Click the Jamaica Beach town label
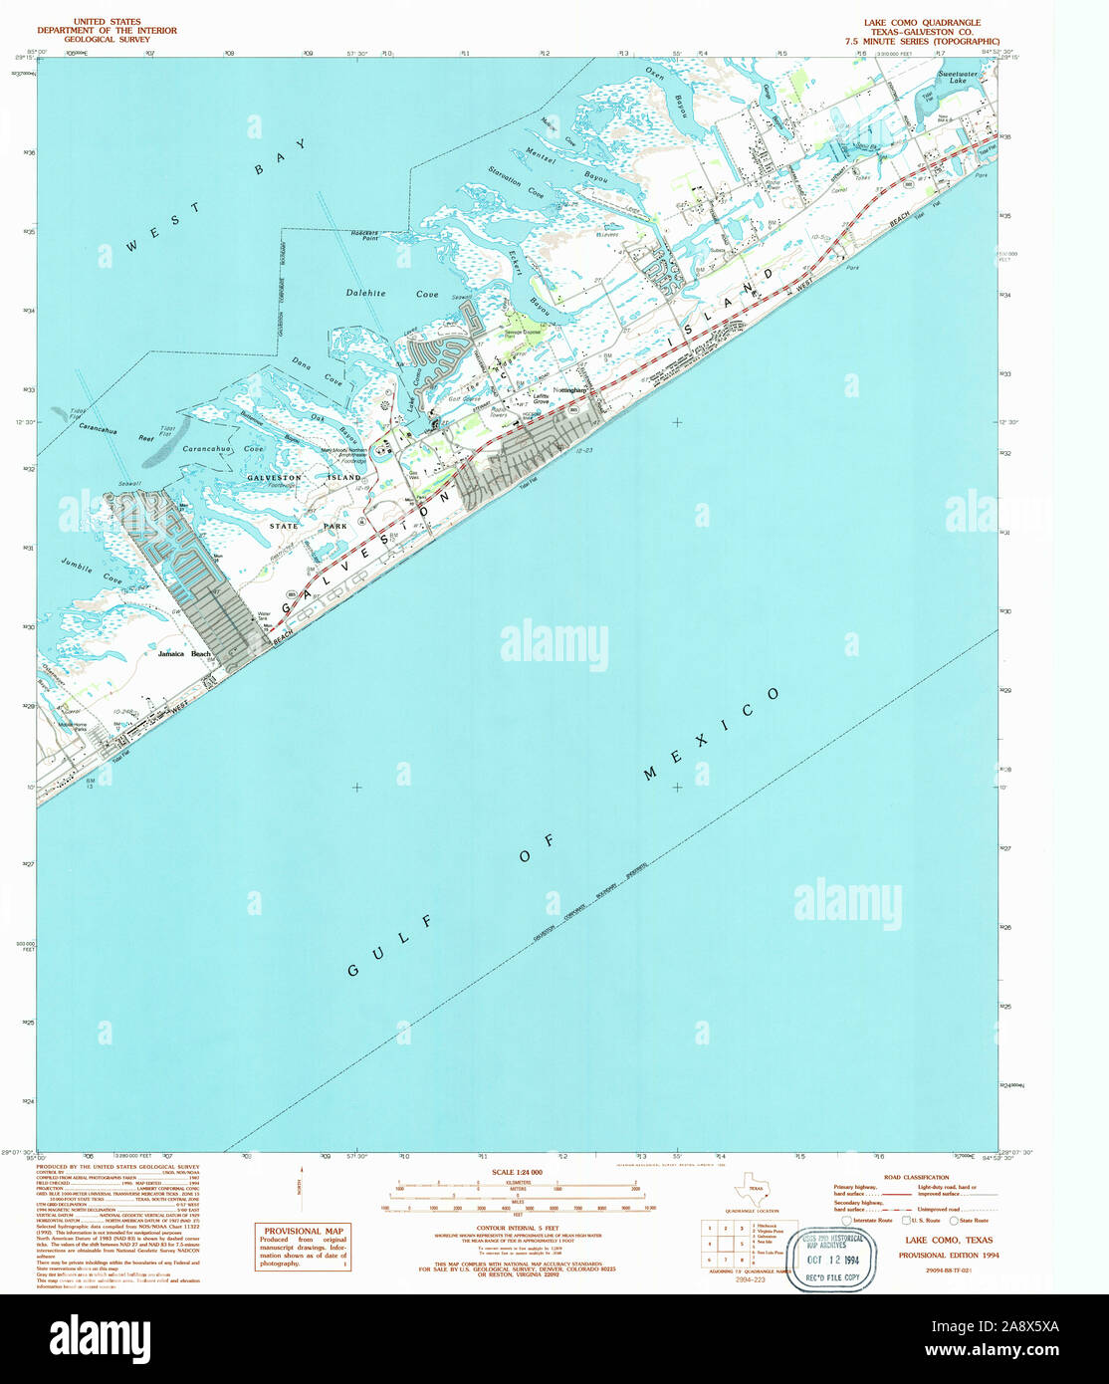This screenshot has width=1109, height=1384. pos(184,654)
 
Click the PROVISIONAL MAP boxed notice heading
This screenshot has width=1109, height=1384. pos(300,1231)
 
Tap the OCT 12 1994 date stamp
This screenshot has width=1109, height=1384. pos(832,1260)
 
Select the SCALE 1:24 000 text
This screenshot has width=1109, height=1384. pos(517,1172)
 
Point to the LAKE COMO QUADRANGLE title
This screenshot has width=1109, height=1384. pos(921,22)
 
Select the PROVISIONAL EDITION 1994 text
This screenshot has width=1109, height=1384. pos(948,1256)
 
